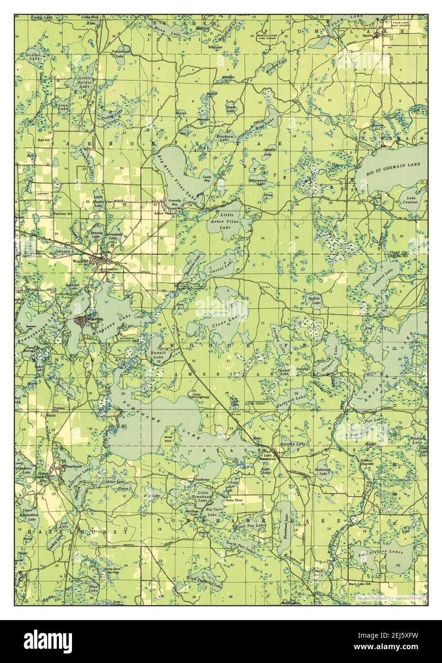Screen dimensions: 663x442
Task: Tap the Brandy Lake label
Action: click(97, 234)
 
